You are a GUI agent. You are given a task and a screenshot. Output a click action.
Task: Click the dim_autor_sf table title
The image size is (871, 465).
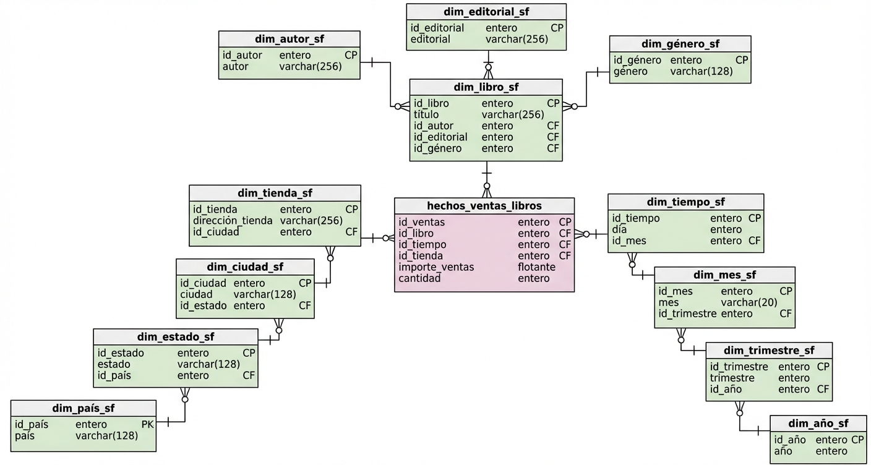pyautogui.click(x=289, y=39)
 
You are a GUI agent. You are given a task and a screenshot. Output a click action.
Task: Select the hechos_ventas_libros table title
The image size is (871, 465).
pyautogui.click(x=484, y=206)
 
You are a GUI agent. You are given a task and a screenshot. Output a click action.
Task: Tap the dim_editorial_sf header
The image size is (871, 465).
pyautogui.click(x=486, y=12)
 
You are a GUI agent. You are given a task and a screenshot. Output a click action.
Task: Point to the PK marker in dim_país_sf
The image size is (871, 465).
pyautogui.click(x=147, y=424)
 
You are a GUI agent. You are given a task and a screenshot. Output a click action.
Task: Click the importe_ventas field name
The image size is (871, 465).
pyautogui.click(x=436, y=267)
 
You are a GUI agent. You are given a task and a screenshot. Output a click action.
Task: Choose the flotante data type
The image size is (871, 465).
pyautogui.click(x=536, y=267)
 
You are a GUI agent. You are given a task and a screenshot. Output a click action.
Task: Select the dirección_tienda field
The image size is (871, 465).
pyautogui.click(x=233, y=221)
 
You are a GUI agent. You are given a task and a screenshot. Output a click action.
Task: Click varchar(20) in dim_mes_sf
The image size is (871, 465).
pyautogui.click(x=749, y=302)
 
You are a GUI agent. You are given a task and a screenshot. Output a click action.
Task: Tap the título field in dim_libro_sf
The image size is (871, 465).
pyautogui.click(x=426, y=114)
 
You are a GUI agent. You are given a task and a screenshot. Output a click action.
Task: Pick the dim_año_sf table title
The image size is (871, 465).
pyautogui.click(x=818, y=424)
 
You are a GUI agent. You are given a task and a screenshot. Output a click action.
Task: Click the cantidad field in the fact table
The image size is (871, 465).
pyautogui.click(x=419, y=278)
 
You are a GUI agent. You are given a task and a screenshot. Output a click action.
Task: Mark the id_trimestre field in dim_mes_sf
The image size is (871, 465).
pyautogui.click(x=687, y=314)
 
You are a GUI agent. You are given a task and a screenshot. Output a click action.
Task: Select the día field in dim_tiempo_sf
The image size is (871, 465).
pyautogui.click(x=619, y=229)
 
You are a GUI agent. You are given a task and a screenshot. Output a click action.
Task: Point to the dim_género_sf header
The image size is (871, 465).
pyautogui.click(x=680, y=44)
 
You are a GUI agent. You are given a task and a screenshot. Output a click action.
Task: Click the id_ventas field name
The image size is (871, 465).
pyautogui.click(x=421, y=222)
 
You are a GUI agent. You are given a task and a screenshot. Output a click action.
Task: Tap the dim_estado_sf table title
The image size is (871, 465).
pyautogui.click(x=175, y=337)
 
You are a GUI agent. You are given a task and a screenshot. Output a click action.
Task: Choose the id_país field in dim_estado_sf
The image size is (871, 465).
pyautogui.click(x=114, y=375)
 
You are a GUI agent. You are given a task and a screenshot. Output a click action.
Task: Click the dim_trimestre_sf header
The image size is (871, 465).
pyautogui.click(x=768, y=351)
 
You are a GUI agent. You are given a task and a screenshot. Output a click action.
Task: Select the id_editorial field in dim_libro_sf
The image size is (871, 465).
pyautogui.click(x=440, y=137)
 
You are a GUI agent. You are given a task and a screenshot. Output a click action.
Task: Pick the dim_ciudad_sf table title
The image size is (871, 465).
pyautogui.click(x=245, y=267)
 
